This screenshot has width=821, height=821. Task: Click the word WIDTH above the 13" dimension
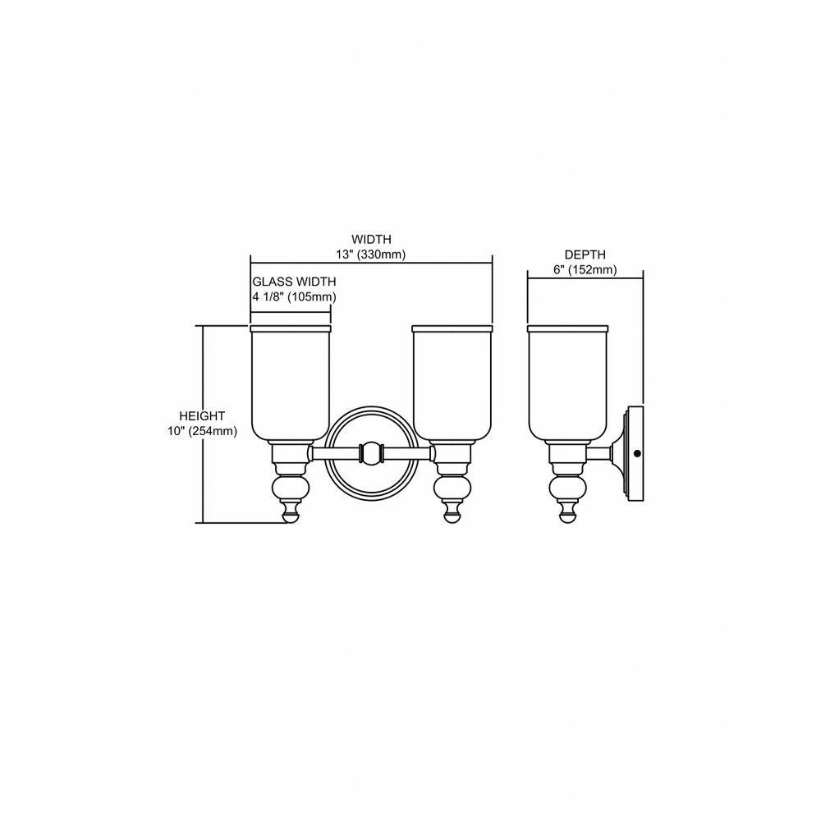coord(371,239)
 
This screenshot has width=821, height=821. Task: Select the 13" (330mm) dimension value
coord(371,255)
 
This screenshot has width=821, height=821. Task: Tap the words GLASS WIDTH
coord(294,282)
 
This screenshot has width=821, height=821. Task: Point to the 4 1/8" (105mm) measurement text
coord(294,297)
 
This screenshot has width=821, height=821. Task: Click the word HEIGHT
coord(202,416)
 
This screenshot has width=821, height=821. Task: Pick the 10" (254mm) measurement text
coord(202,432)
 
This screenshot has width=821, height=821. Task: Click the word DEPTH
coord(585,255)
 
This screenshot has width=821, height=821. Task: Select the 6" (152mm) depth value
coord(585,269)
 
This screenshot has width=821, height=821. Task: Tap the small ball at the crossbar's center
coord(371,453)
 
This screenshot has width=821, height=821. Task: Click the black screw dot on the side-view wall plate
coord(637,453)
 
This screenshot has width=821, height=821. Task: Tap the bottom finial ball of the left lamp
coord(291,517)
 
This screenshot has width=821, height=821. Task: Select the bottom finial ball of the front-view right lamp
coord(452,517)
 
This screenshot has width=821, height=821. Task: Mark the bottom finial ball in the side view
coord(567,517)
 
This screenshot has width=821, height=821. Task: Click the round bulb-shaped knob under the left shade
coord(291,487)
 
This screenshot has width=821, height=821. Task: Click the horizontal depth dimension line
coord(585,278)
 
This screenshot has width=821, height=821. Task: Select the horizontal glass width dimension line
coord(291,312)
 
